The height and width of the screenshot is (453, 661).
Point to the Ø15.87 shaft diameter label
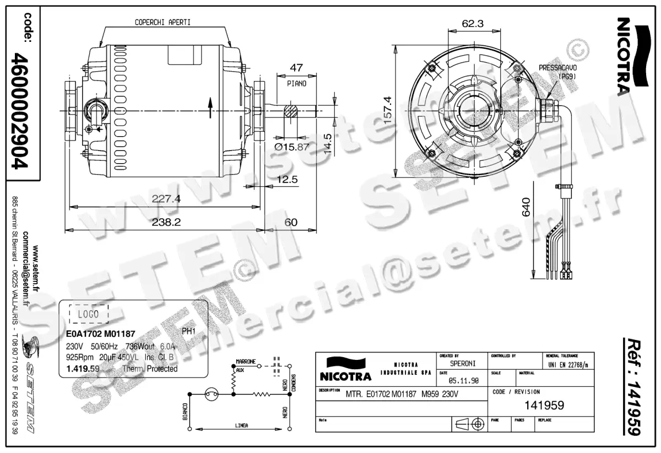(292, 147)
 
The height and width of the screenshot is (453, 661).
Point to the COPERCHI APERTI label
(163, 23)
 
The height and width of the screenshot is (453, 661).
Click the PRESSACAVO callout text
(557, 67)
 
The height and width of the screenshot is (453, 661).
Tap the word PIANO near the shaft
(296, 84)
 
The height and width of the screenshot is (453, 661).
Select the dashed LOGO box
(89, 314)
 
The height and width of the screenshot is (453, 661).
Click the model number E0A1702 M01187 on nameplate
(97, 334)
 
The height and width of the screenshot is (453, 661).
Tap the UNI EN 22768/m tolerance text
(568, 365)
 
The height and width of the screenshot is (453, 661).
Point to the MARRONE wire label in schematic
(246, 362)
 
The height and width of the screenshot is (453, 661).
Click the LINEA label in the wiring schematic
(241, 425)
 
